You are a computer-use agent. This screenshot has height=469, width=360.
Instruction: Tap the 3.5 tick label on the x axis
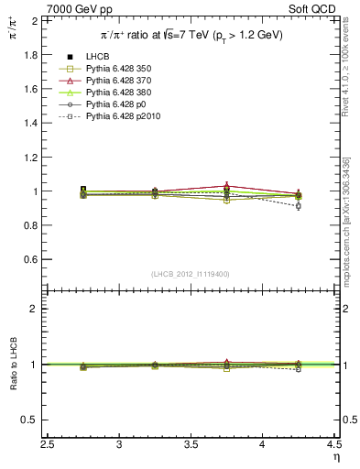[191, 446]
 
